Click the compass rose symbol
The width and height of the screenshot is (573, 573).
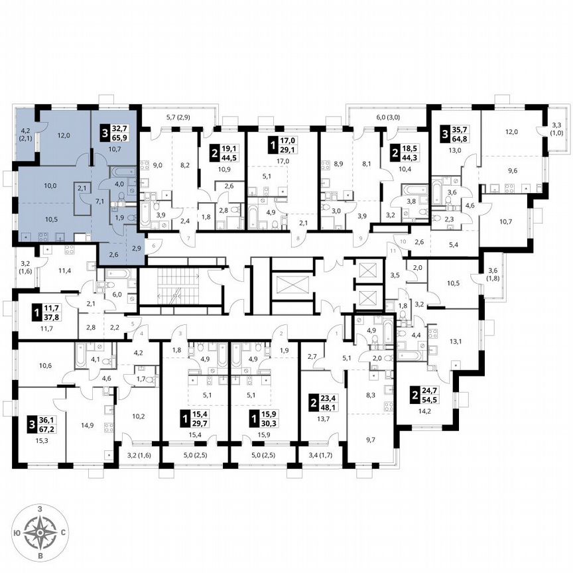click(x=41, y=531)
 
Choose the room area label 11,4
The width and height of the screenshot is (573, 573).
click(x=64, y=271)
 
